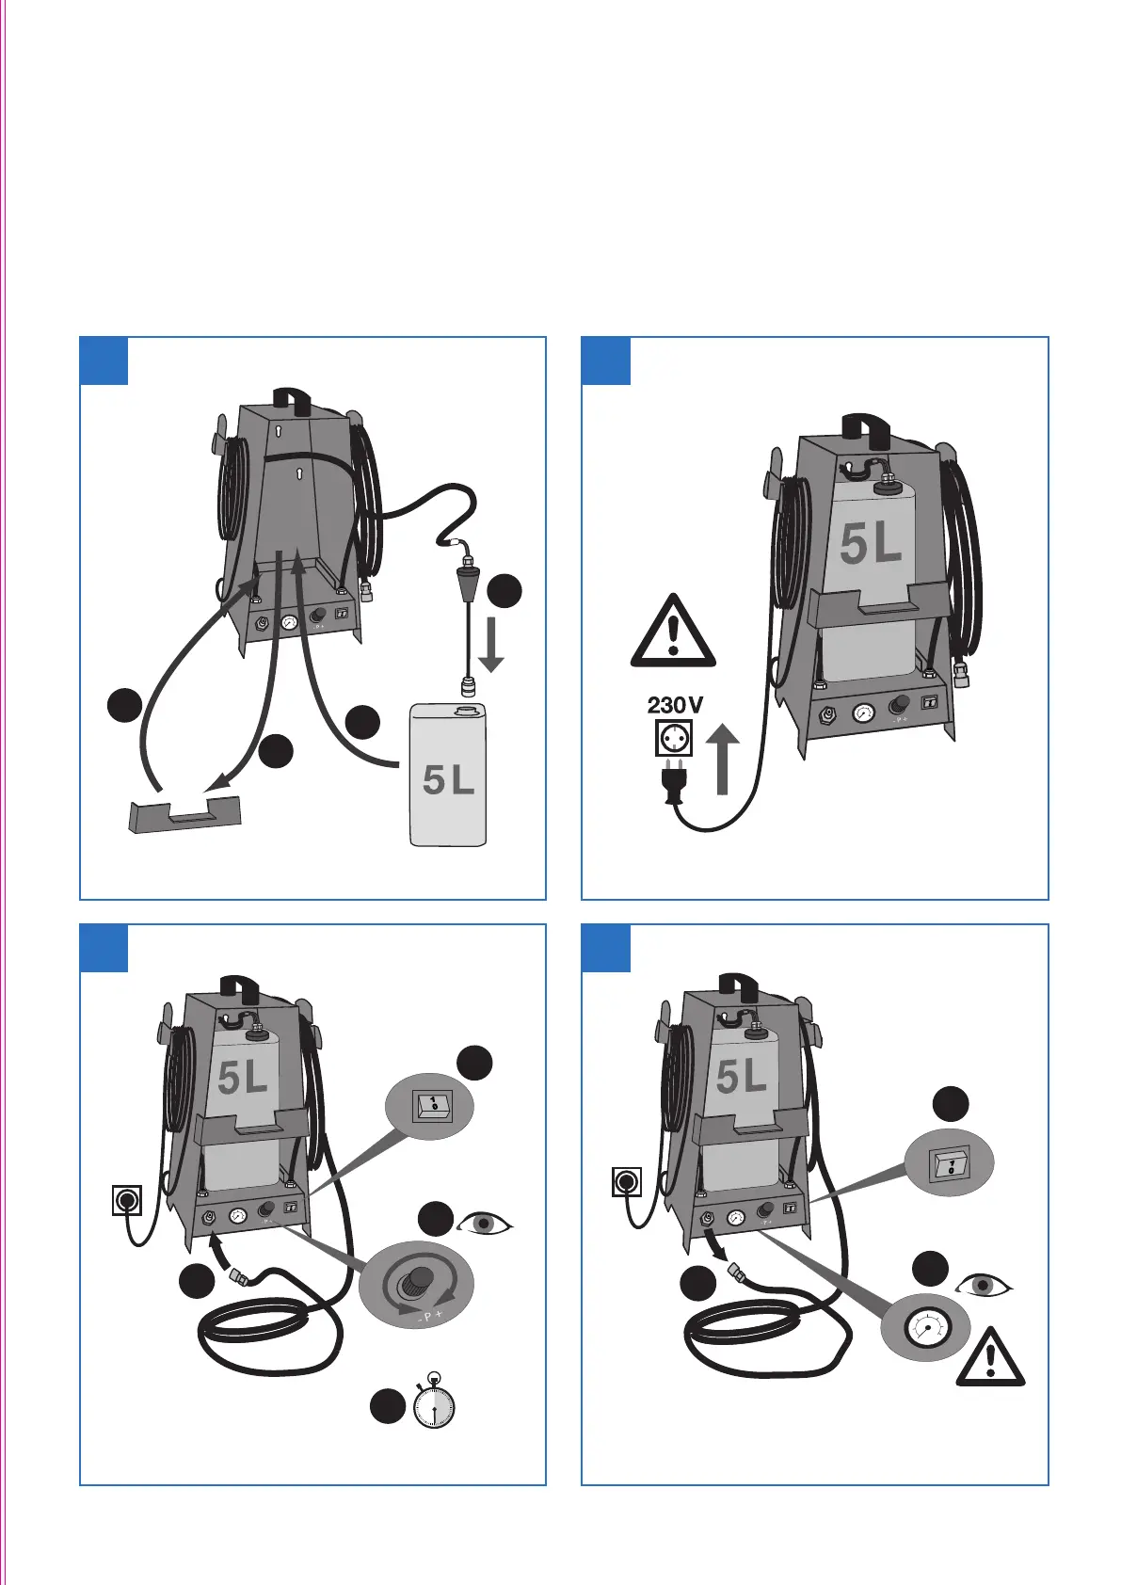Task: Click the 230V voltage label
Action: [674, 704]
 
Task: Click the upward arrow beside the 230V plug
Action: [722, 759]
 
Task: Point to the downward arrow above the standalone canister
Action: [490, 645]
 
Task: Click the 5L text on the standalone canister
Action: [448, 779]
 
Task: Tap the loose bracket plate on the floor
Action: [185, 815]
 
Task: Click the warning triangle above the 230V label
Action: [672, 632]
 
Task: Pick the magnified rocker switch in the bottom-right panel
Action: [949, 1164]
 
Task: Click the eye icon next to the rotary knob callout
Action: [485, 1224]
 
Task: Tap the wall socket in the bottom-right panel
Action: [626, 1181]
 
